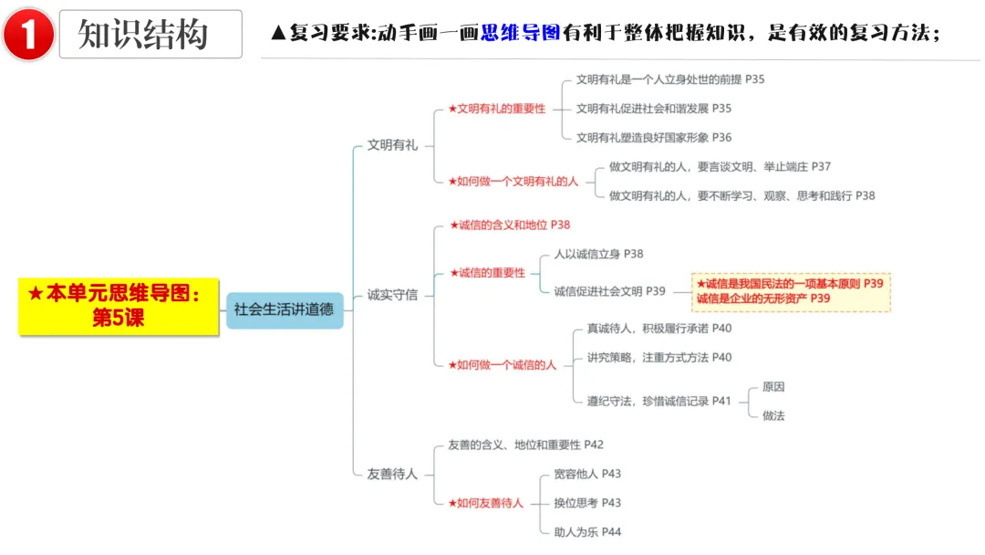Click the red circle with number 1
28,34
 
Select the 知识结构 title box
150,34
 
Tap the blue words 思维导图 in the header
520,32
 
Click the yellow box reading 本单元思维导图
119,306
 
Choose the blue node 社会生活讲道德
285,309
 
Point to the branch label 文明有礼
392,145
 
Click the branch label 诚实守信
392,295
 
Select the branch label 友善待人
392,474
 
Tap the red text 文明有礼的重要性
496,109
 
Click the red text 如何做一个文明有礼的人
513,182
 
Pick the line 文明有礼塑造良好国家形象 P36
654,138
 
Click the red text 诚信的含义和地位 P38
510,225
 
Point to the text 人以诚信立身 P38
598,254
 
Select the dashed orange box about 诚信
791,291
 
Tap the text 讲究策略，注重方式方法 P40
659,358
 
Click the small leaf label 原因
773,386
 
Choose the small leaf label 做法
773,415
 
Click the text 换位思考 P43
587,503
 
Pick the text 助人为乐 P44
587,532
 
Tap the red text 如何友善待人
485,504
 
